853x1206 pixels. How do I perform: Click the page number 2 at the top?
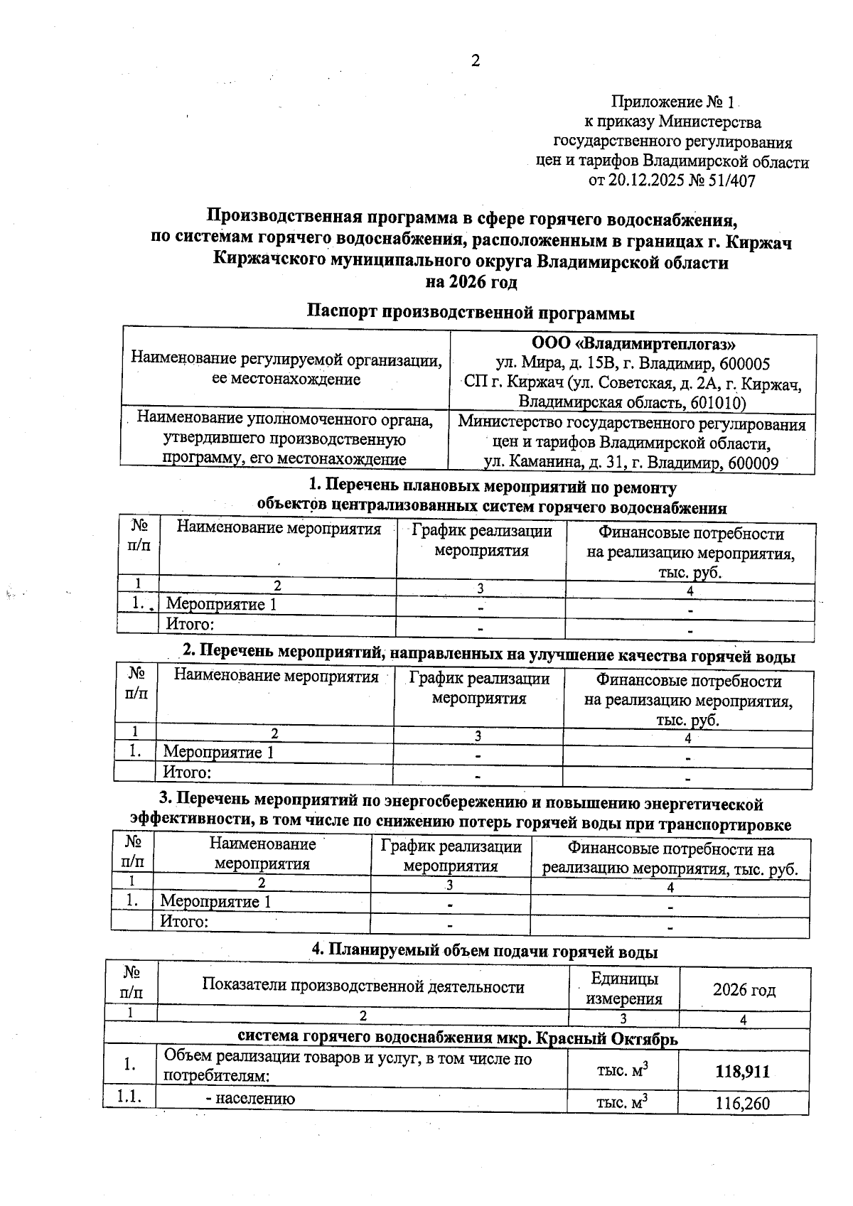tap(476, 61)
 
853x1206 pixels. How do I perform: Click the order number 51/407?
tap(731, 181)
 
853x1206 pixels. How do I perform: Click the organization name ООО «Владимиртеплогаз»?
tap(633, 345)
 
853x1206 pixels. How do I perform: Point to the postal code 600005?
tap(744, 365)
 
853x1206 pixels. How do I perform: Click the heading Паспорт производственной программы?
tap(471, 312)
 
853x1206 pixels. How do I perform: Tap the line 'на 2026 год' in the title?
tap(471, 282)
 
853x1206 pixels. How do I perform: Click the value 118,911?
tap(742, 1072)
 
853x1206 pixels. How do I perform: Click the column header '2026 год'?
tap(744, 989)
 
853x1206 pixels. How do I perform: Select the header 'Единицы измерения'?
tap(624, 989)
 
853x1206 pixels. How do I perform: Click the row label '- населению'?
tap(250, 1099)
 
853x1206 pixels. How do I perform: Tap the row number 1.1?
tap(129, 1097)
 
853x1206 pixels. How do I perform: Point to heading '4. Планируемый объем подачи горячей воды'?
tap(485, 952)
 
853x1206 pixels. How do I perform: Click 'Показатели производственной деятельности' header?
tap(363, 986)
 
